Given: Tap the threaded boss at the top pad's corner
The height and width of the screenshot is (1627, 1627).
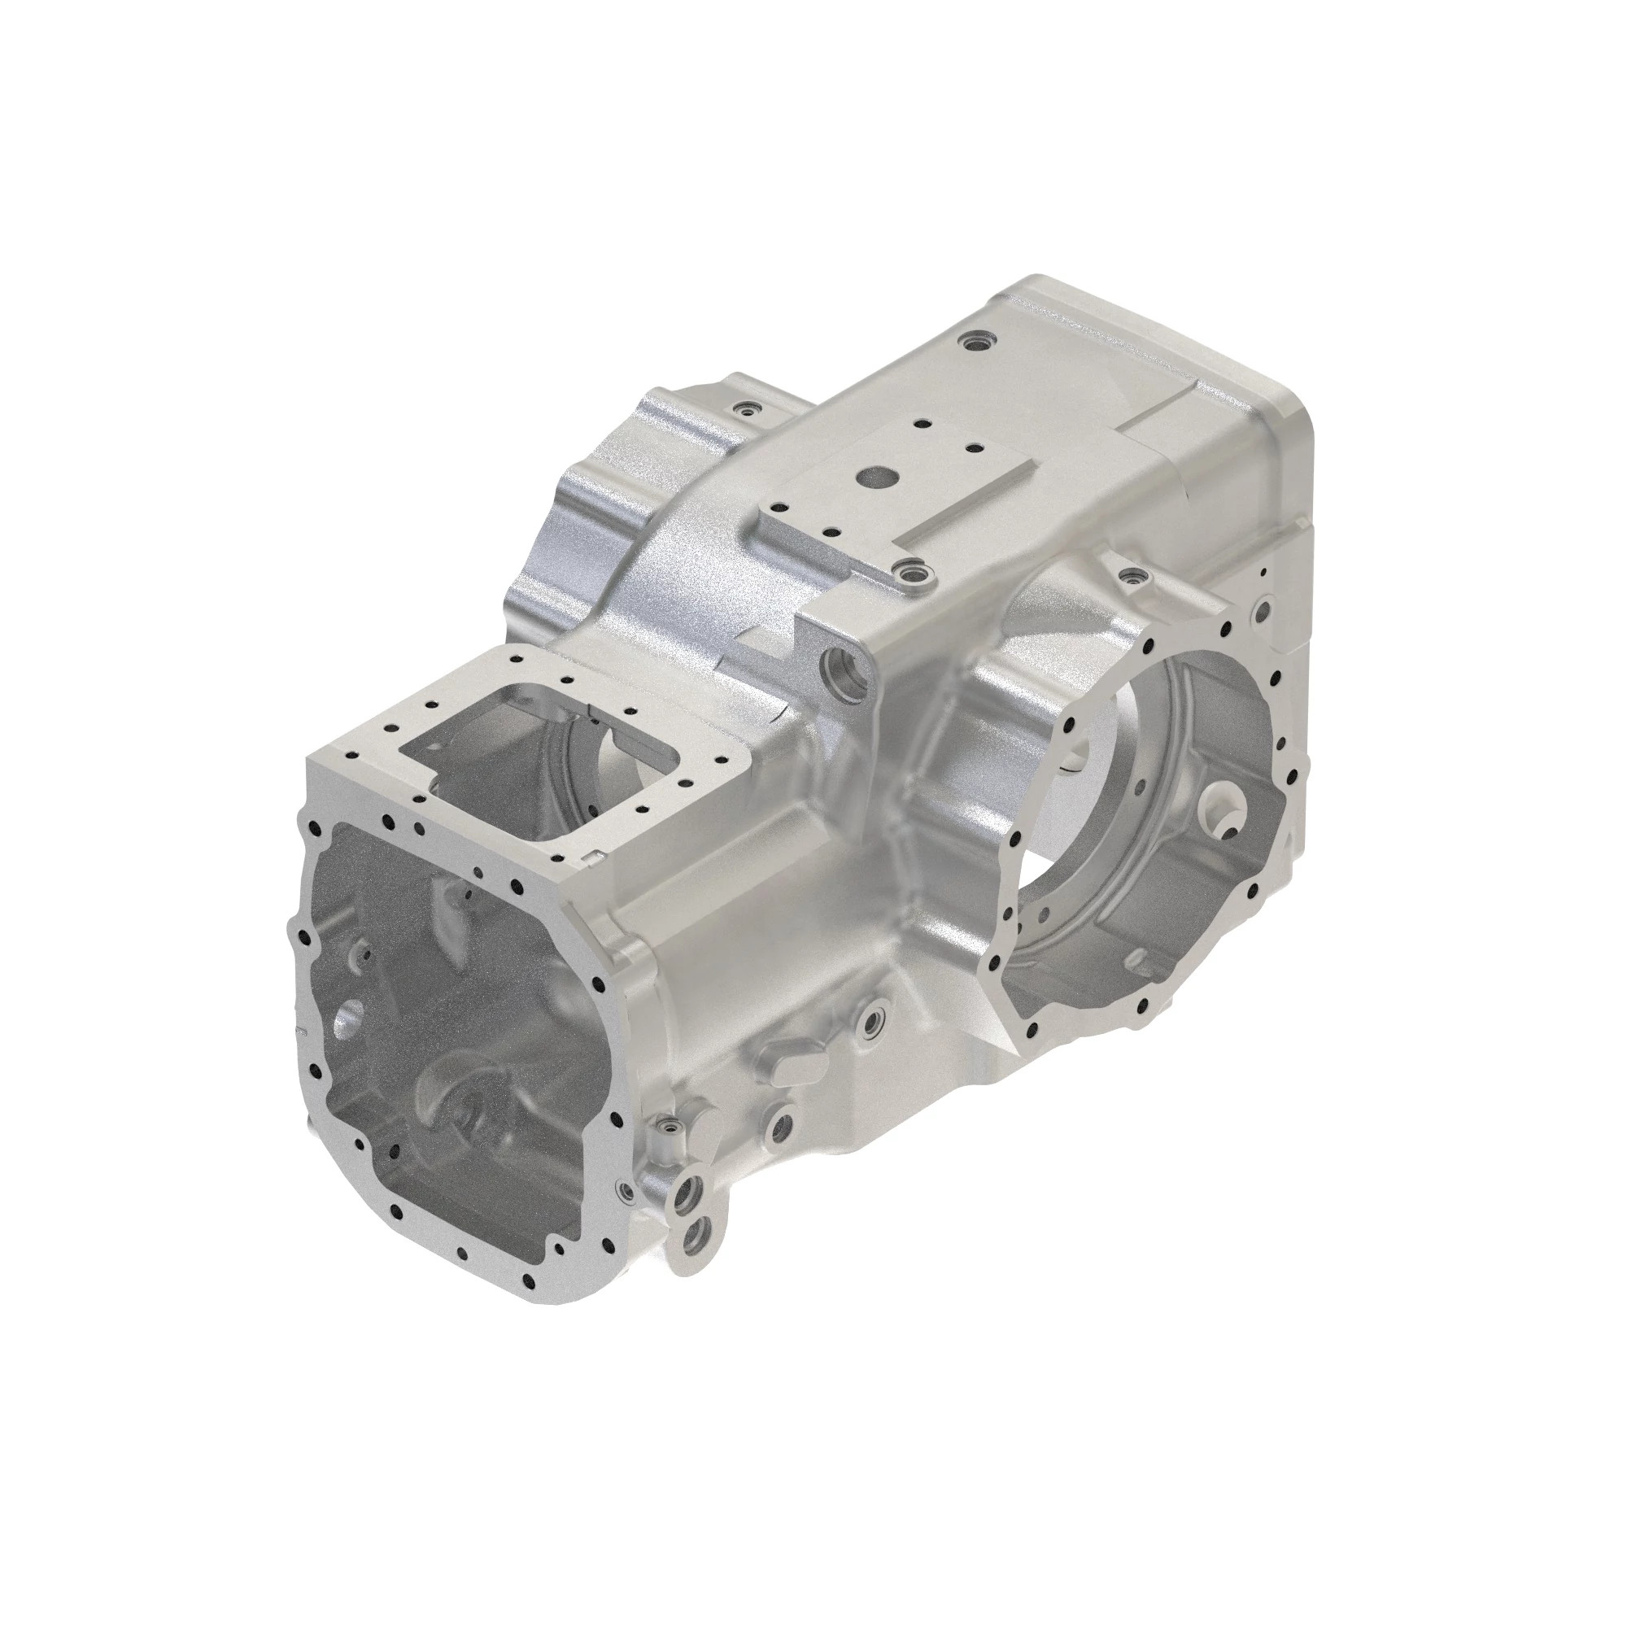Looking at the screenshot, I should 909,575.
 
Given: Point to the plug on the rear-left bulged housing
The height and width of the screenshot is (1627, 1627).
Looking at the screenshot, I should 744,410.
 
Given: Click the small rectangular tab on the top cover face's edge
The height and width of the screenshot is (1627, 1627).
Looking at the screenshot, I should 595,857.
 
